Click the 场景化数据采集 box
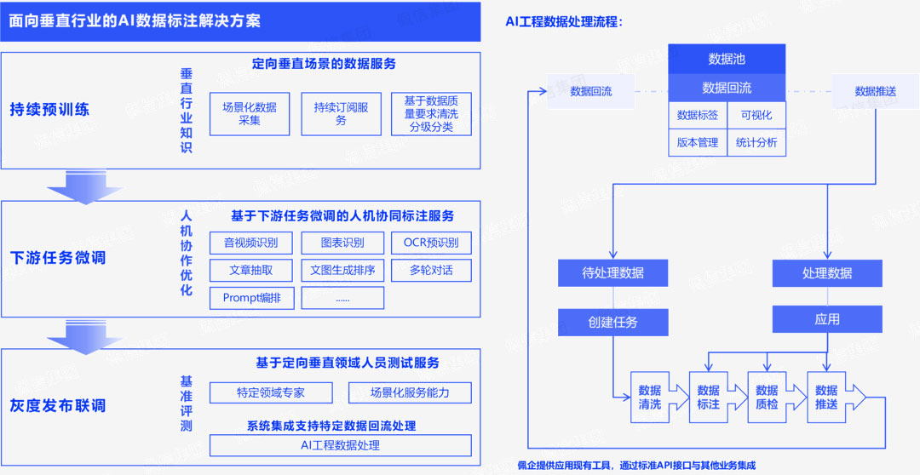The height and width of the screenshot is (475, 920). coord(250,114)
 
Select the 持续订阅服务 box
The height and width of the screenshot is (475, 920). coord(341,114)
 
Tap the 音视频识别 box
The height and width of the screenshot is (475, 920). coord(250,243)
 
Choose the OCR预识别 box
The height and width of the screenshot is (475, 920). coord(430,243)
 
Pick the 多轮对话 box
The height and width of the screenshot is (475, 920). coord(430,271)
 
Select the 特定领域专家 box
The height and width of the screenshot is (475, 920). coord(270,392)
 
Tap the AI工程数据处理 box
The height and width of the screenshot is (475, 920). coord(340,445)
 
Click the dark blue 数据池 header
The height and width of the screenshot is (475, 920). coord(727,60)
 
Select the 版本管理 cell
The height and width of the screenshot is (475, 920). coord(698,143)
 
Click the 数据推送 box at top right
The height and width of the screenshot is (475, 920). coord(875,91)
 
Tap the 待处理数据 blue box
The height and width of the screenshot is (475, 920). coord(612,273)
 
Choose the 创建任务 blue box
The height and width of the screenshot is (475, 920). coord(612,322)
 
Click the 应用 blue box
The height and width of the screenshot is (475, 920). coord(827,319)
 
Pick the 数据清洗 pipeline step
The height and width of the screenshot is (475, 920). coord(650,398)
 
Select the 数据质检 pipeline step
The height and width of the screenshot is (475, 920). coord(767,398)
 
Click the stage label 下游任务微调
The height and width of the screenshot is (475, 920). coord(58,257)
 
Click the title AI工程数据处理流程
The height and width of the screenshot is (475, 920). coord(564,21)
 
